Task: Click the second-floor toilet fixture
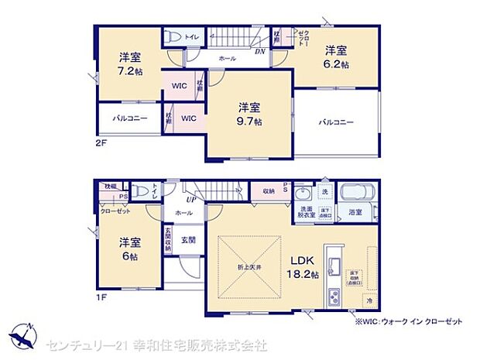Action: (x=174, y=37)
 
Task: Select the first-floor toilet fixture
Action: (x=140, y=190)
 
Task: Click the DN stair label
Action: (x=261, y=53)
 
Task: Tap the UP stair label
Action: (x=189, y=199)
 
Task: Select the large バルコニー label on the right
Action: (x=335, y=122)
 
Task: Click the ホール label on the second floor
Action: (x=227, y=59)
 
